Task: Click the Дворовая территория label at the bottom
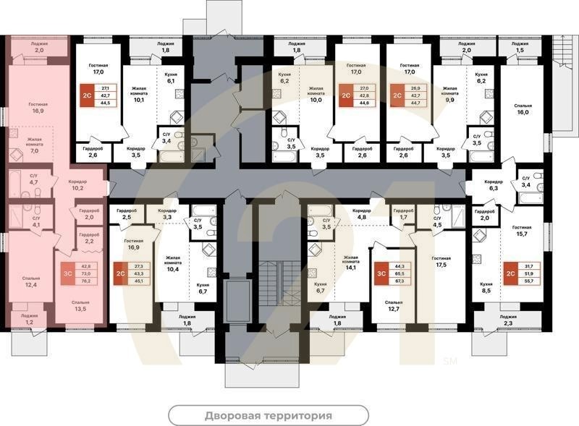coord(268,416)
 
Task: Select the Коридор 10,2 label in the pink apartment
coord(77,184)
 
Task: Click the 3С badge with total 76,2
coord(68,275)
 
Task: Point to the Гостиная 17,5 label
coord(441,262)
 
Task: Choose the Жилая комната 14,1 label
coord(350,262)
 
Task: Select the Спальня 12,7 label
coord(394,307)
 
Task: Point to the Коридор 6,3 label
coord(494,184)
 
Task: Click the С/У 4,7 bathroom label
coord(34,179)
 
